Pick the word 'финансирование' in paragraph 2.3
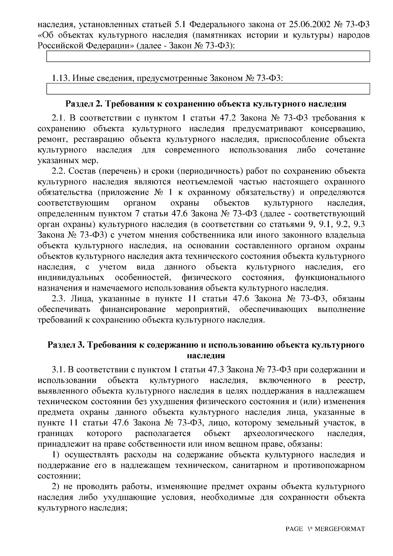click(133, 309)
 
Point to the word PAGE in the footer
click(294, 529)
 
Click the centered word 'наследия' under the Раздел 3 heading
click(206, 355)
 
